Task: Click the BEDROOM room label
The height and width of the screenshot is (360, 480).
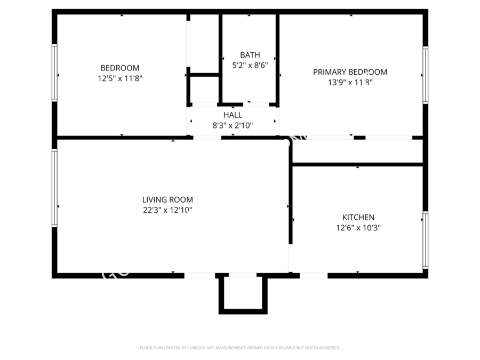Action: tap(119, 68)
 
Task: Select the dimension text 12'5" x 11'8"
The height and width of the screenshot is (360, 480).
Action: tap(119, 78)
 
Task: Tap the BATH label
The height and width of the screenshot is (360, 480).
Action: tap(250, 55)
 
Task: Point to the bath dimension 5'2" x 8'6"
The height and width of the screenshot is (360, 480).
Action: tap(250, 66)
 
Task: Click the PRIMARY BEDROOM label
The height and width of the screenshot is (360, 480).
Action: tap(350, 72)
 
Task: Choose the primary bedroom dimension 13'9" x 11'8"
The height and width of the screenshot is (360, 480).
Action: tap(350, 83)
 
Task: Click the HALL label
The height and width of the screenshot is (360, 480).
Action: tap(233, 115)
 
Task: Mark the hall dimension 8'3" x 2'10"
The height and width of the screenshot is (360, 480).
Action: tap(233, 126)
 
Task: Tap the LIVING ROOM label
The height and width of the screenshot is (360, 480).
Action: tap(167, 199)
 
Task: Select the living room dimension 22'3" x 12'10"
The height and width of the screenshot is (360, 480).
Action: tap(167, 210)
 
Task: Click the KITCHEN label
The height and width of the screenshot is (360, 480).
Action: tap(358, 217)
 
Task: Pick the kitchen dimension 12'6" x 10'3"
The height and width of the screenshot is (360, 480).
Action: tap(358, 228)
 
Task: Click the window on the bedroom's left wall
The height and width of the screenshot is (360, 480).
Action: tap(54, 73)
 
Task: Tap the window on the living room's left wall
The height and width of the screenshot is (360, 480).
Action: tap(54, 188)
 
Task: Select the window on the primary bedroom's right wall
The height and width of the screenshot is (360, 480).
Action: tap(425, 74)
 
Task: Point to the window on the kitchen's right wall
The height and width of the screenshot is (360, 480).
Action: tap(425, 240)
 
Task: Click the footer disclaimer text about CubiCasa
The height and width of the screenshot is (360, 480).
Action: tap(239, 348)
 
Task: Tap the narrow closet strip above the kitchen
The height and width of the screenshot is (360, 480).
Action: tap(357, 151)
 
